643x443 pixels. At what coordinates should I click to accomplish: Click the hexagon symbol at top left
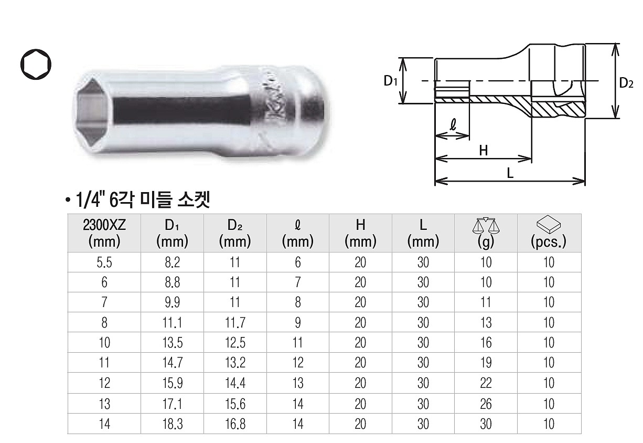tap(37, 66)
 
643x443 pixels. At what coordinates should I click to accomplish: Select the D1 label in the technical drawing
tap(390, 81)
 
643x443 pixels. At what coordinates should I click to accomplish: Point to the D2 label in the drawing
tap(627, 82)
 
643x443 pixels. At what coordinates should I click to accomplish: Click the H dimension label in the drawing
tap(483, 151)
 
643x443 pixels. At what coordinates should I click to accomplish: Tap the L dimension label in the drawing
tap(510, 174)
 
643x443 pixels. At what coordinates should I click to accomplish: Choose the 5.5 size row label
tap(104, 262)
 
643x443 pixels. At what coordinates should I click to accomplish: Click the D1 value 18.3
tap(172, 424)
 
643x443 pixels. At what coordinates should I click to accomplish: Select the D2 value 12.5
tap(235, 343)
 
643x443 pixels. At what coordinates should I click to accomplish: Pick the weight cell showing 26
tap(486, 404)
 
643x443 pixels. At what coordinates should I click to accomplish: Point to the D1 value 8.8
tap(172, 282)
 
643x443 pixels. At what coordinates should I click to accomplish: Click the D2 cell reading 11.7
tap(235, 323)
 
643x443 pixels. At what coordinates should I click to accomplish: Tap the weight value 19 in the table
tap(486, 363)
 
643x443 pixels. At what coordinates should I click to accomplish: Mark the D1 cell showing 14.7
tap(172, 363)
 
